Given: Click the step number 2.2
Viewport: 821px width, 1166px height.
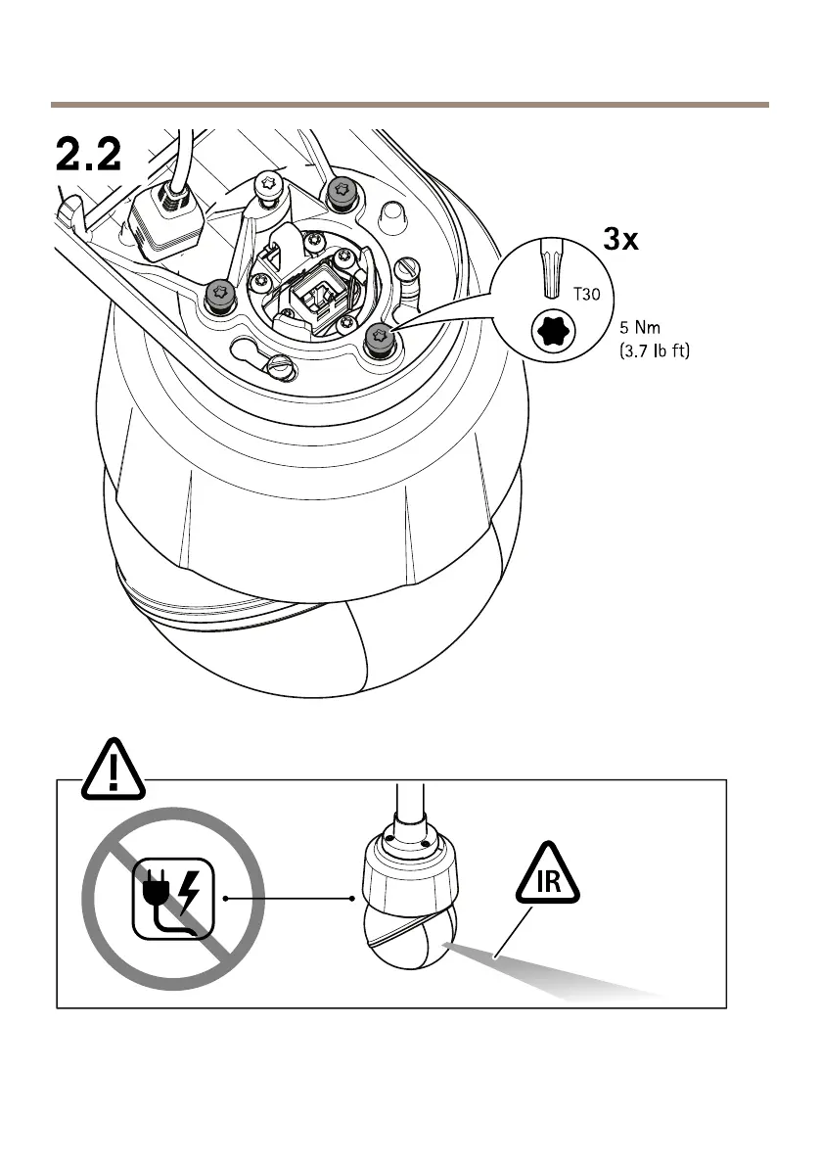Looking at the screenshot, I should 87,155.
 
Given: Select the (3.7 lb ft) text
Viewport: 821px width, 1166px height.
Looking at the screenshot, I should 655,349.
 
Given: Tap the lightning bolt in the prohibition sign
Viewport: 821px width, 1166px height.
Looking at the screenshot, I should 191,892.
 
